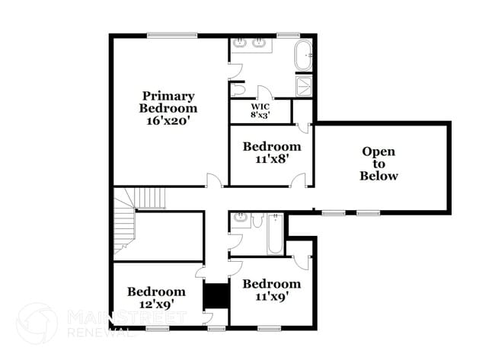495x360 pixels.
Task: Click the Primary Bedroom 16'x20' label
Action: tap(168, 108)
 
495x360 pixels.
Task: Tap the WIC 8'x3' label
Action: tap(260, 111)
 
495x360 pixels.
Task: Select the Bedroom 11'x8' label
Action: tap(272, 152)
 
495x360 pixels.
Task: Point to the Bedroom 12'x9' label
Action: tap(156, 298)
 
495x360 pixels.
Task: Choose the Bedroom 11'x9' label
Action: tap(272, 290)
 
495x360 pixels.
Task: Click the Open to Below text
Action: tap(378, 164)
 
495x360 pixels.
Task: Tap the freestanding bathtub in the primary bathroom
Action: tap(303, 56)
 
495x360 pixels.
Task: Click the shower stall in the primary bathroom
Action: tap(304, 85)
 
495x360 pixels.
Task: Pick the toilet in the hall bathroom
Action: tap(258, 220)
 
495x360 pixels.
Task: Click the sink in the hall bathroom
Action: tap(241, 218)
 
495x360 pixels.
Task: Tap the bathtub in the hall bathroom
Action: tap(275, 234)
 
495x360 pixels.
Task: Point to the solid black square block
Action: tap(216, 296)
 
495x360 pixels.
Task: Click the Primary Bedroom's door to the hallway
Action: tap(214, 180)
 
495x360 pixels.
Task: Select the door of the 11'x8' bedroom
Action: tap(299, 180)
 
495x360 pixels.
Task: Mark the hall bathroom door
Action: tap(235, 242)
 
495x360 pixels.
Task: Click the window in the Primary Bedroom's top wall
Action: tap(172, 35)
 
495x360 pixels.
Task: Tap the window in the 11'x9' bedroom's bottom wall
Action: tap(270, 329)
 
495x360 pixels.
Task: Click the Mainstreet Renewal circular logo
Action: tap(37, 323)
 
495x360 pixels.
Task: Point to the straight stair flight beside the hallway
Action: tap(149, 198)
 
